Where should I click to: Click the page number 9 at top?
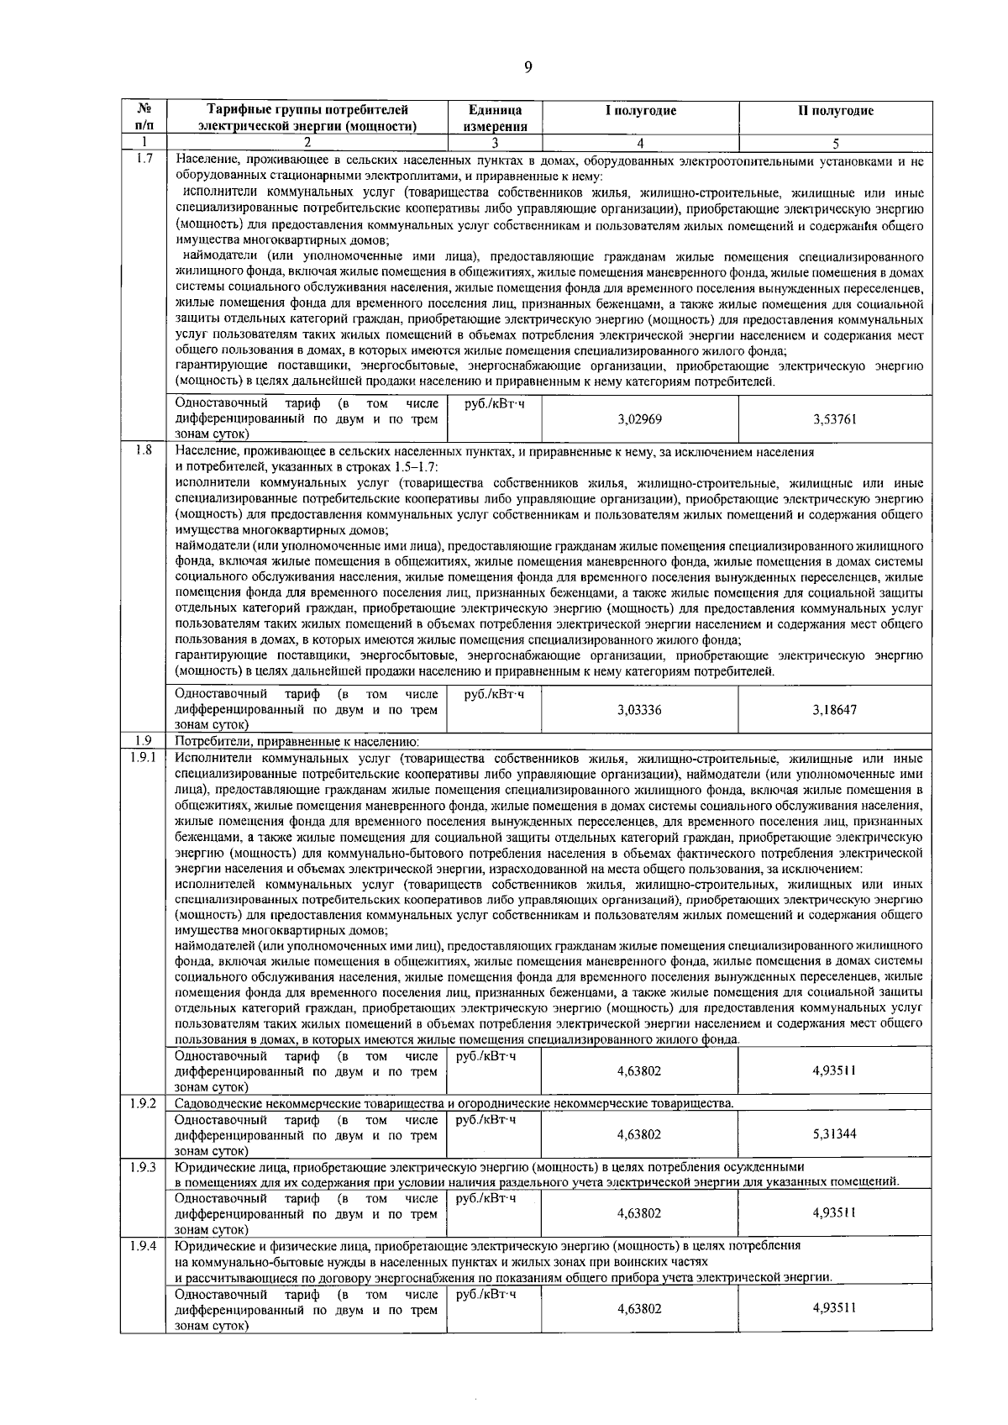(x=528, y=68)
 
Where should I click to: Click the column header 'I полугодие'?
(x=641, y=111)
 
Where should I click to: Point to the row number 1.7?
(x=144, y=159)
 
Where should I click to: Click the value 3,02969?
(x=639, y=419)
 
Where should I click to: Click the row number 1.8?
(x=144, y=451)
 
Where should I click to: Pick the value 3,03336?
(x=639, y=710)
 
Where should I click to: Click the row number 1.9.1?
(x=144, y=757)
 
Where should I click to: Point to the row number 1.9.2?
(x=144, y=1102)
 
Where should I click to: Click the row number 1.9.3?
(x=144, y=1166)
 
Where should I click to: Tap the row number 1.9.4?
(x=144, y=1245)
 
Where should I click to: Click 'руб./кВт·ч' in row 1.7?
(x=494, y=404)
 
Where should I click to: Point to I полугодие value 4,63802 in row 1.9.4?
(x=639, y=1309)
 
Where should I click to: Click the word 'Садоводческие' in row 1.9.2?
(x=215, y=1103)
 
